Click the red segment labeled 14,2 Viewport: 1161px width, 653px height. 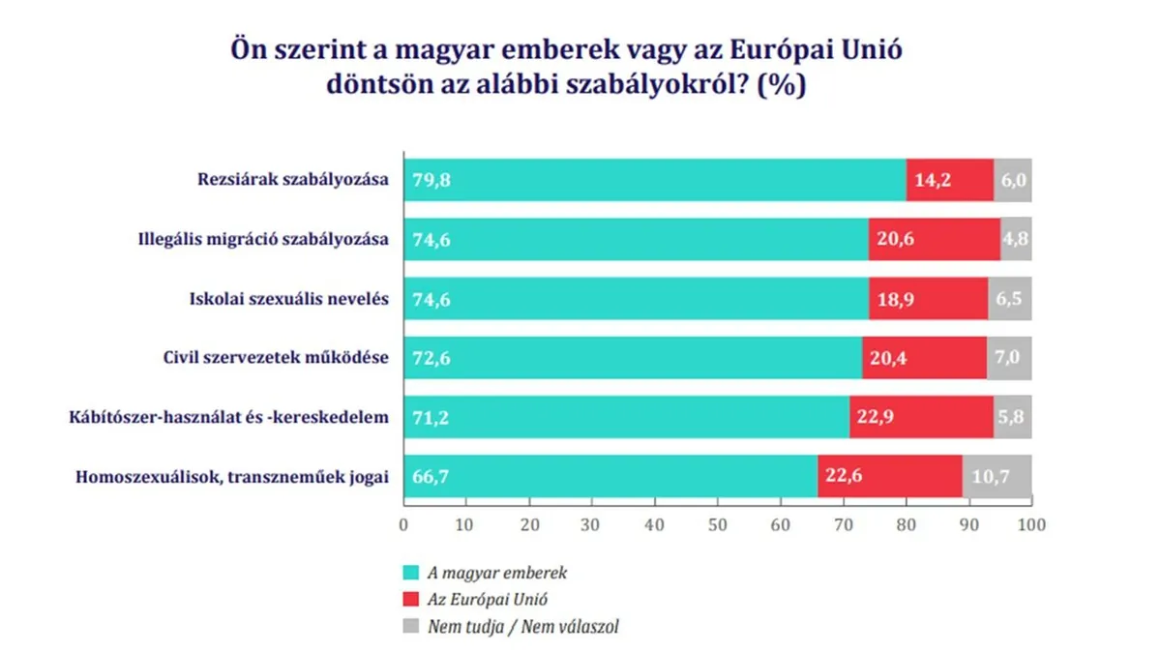949,181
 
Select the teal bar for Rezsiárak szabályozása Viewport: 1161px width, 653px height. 654,181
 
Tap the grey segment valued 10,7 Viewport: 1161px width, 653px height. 997,477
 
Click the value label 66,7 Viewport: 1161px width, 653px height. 432,477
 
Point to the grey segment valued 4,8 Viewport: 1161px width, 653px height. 1016,240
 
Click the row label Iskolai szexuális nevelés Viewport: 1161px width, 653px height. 288,299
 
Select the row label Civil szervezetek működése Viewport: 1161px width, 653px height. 276,358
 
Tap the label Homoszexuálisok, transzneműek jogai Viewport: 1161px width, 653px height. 231,476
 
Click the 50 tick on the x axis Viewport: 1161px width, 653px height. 717,525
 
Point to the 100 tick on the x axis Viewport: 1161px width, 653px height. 1031,525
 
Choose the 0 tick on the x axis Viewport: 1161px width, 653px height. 403,525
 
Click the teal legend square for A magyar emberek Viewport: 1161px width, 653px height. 410,573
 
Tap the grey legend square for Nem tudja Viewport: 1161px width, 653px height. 410,626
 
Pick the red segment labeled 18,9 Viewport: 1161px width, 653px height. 928,299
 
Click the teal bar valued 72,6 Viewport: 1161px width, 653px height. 632,358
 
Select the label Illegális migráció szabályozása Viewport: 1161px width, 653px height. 263,240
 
